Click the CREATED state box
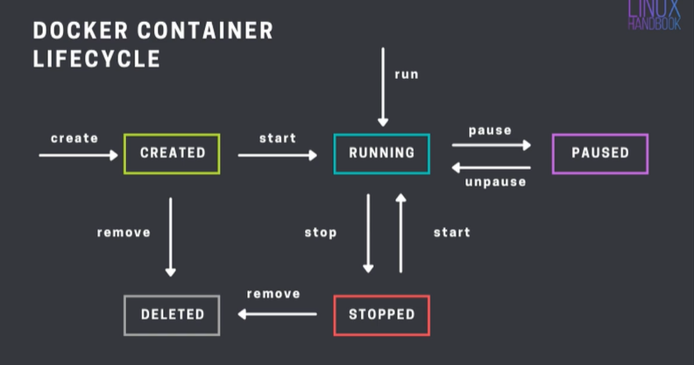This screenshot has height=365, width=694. coord(172,153)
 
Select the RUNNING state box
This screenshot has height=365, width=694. coord(381,153)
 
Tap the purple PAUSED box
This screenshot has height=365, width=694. coord(600,153)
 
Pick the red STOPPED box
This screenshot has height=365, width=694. coord(381,314)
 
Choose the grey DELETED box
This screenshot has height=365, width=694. coord(172,314)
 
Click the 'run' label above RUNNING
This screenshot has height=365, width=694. coord(406,75)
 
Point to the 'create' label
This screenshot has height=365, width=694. coord(74,138)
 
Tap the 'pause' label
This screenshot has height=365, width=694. coord(490,131)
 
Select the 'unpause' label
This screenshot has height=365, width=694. coord(495,182)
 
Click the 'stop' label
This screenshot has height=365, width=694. coord(321,233)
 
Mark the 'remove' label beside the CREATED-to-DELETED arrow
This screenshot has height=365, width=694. coord(124,233)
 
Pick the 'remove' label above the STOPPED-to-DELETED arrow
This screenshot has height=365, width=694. coord(273,294)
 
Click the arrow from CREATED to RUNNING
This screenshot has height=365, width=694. coord(277,155)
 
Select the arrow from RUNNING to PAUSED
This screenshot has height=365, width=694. coord(492,145)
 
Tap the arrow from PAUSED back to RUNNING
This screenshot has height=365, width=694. coord(492,166)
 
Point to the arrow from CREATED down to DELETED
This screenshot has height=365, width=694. coord(171,237)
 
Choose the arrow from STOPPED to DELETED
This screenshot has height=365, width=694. coord(274,313)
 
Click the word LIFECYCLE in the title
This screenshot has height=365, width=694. coord(96,61)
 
